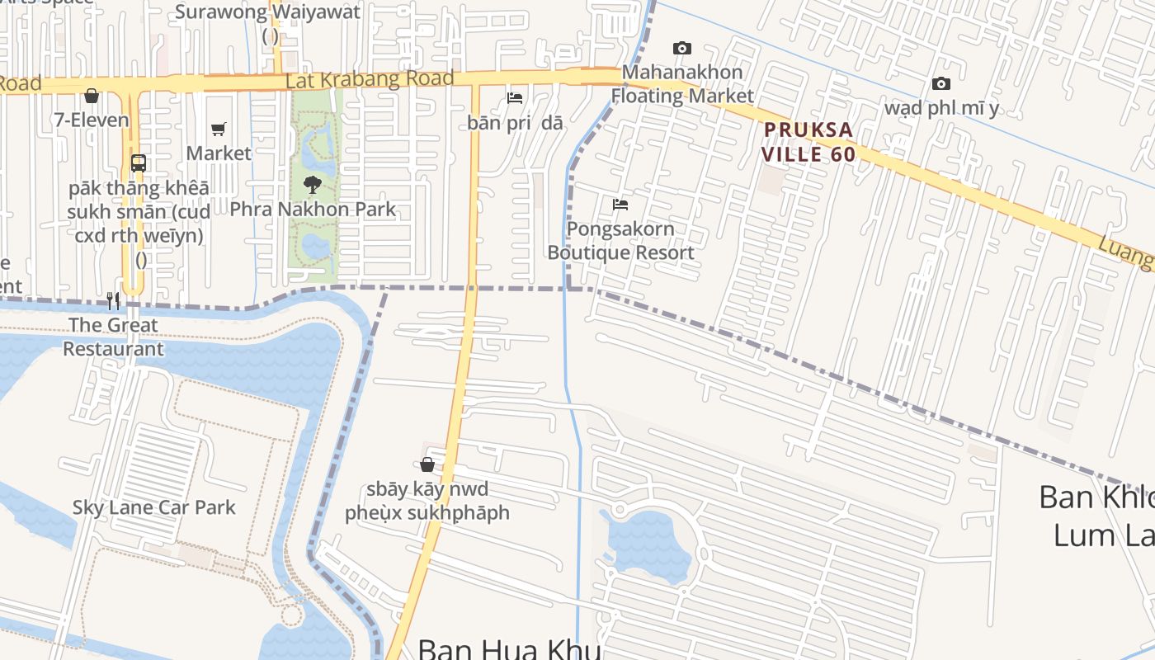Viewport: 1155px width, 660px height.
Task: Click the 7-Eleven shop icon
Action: coord(92,97)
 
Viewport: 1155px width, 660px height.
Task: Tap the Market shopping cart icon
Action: coord(219,129)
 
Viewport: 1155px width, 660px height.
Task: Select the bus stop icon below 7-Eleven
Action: coord(139,163)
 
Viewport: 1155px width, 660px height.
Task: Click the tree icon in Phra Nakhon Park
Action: coord(312,184)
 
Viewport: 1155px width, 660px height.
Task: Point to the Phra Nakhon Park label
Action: coord(313,210)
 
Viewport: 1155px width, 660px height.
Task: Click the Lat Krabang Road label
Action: coord(370,80)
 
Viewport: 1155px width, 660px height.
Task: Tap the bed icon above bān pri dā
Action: coord(515,98)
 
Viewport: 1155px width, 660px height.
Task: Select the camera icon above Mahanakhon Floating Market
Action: coord(681,48)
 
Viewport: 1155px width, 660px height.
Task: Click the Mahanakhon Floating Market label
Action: coord(681,84)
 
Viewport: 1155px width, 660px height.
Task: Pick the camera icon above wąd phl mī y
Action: coord(940,83)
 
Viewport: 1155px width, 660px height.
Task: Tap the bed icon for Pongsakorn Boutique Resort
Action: coord(620,204)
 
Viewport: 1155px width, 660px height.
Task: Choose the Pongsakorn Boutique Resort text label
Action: coord(620,241)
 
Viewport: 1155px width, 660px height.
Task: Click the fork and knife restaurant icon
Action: coord(114,300)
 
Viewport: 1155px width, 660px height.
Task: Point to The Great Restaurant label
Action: coord(114,337)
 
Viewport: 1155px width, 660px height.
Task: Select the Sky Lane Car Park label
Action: coord(153,507)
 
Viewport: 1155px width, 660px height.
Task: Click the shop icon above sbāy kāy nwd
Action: coord(427,464)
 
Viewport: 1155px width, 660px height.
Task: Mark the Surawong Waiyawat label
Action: coord(268,12)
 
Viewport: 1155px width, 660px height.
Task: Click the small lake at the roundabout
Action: coord(648,544)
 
